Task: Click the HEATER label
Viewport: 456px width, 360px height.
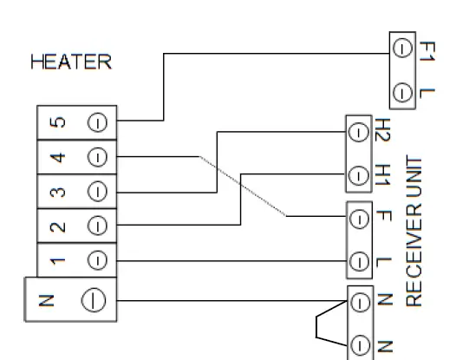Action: [x=70, y=63]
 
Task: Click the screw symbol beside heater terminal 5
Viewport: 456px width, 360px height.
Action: [x=97, y=121]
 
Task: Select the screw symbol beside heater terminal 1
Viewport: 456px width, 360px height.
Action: [x=97, y=259]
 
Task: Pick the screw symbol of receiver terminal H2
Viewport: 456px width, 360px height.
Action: [x=356, y=133]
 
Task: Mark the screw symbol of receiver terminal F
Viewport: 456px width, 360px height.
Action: [x=356, y=216]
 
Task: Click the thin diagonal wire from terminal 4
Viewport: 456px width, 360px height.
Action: [x=243, y=187]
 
